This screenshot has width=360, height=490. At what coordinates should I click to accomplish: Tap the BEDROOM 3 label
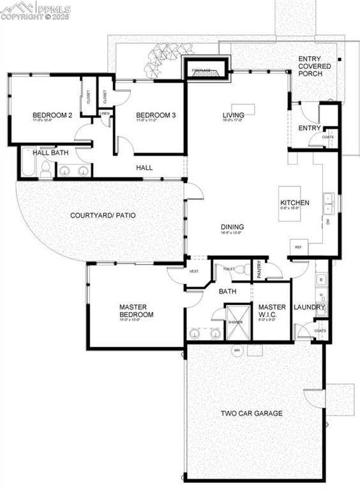(x=155, y=115)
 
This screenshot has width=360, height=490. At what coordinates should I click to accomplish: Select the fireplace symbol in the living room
(x=206, y=70)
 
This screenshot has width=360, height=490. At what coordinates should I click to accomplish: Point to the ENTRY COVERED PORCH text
(x=314, y=66)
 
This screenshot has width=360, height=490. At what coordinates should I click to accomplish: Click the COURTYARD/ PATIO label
(x=102, y=216)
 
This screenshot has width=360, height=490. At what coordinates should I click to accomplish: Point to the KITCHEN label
(x=294, y=203)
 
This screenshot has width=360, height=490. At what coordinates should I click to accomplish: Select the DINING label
(x=232, y=226)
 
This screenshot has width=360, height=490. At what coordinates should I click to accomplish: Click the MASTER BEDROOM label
(x=136, y=311)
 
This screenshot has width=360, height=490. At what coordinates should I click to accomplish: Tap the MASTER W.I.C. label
(x=272, y=311)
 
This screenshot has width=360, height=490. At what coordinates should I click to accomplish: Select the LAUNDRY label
(x=309, y=308)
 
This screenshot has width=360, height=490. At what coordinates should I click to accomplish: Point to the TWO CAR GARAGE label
(x=251, y=413)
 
